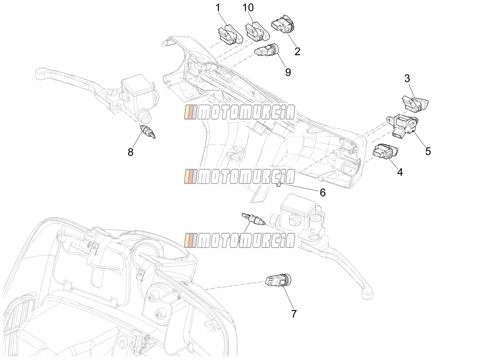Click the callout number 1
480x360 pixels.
click(218, 8)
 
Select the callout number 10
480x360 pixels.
click(248, 8)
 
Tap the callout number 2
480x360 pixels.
click(297, 52)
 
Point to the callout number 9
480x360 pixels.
click(288, 72)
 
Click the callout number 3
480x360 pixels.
click(407, 78)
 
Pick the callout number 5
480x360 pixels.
click(428, 151)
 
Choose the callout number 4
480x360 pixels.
click(400, 172)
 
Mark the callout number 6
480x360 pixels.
click(322, 192)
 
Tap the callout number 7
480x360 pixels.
click(294, 314)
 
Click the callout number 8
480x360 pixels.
click(130, 152)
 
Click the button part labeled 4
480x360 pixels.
click(385, 151)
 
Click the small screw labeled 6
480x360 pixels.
click(278, 185)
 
